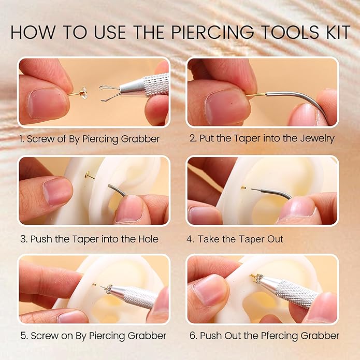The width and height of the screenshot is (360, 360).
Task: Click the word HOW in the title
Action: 32,32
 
